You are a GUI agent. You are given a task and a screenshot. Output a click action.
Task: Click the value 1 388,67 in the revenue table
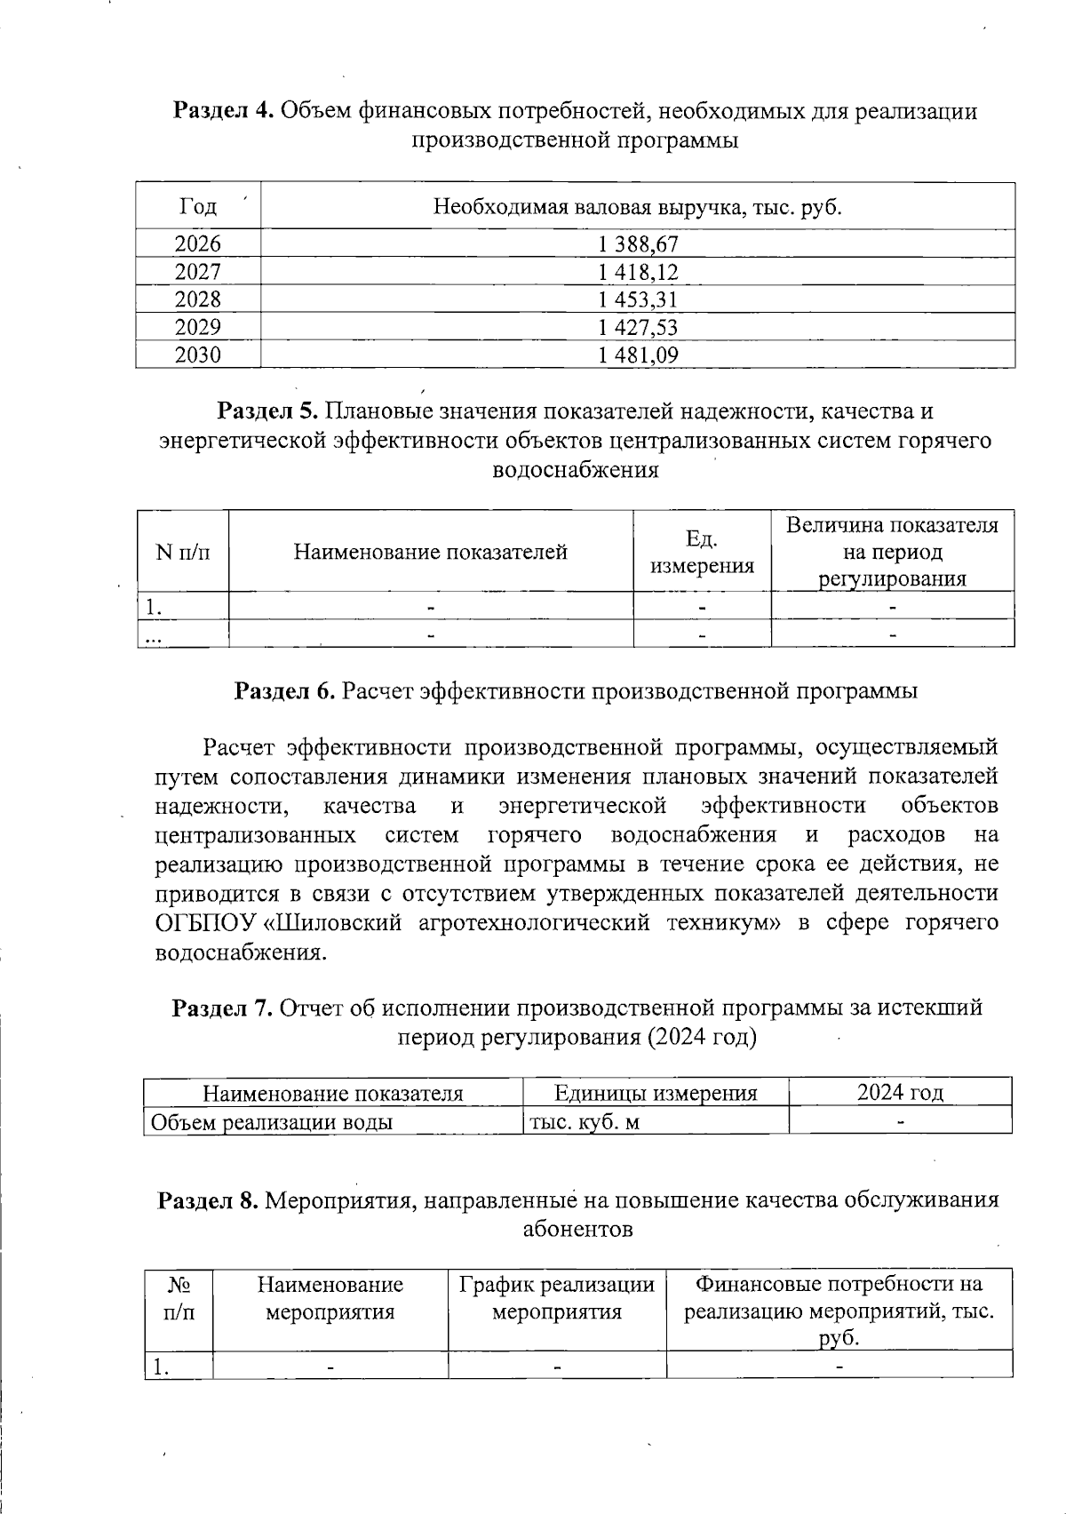(639, 243)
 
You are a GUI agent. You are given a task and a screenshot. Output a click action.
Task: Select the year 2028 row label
(198, 299)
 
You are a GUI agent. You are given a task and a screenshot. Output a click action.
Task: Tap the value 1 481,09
(639, 355)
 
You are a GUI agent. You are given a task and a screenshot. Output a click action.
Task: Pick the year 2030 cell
(198, 355)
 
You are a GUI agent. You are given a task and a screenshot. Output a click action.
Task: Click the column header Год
(198, 207)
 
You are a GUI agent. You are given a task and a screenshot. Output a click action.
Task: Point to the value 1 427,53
(639, 327)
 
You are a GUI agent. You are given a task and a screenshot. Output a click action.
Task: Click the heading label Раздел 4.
(224, 112)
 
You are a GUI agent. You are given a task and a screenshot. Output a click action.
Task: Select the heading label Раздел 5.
(269, 411)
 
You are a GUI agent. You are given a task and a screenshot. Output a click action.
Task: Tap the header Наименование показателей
(431, 553)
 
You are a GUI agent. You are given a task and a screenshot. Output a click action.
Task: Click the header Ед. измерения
(702, 553)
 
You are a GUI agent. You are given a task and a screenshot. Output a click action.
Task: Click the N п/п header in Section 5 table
(183, 553)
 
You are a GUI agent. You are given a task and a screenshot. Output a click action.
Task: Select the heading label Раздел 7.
(222, 1008)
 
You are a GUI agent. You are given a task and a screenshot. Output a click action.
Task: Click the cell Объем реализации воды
(272, 1122)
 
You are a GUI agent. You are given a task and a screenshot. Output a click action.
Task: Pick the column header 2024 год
(900, 1093)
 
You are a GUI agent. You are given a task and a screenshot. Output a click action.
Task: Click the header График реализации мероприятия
(557, 1298)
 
